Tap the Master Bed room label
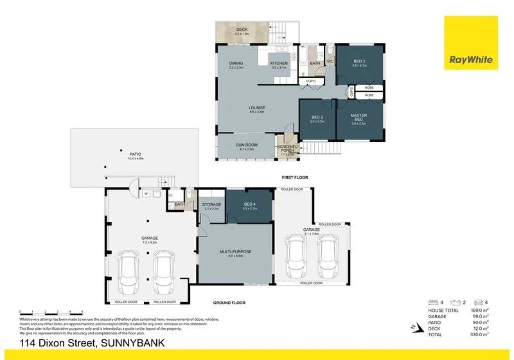coord(358,118)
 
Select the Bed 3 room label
coord(359,62)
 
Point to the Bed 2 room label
coord(317,118)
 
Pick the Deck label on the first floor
coord(242,30)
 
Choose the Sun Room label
coord(248,145)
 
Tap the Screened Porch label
coord(287,149)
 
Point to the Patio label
coord(135,154)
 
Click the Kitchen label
coord(279,63)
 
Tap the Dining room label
coord(236,63)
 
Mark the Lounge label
coord(257,107)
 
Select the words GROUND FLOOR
coord(229,302)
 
